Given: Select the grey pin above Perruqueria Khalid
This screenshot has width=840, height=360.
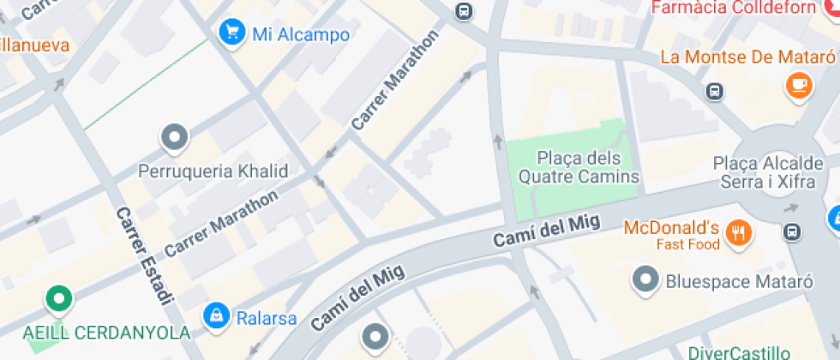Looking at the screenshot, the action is coord(175,137).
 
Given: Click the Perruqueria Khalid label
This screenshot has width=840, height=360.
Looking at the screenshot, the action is coord(213,171).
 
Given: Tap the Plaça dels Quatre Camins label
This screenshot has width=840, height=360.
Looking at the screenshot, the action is coord(578,167).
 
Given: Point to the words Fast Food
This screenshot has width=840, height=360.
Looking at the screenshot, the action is coord(688,244).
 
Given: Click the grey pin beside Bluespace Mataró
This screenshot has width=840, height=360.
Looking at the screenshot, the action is coord(644,279).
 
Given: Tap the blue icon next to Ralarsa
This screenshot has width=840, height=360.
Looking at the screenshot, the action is coord(216,315).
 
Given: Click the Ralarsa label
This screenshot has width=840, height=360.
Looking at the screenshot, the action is coord(267,319).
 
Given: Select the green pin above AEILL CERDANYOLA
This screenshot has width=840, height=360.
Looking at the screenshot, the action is coord(58,299).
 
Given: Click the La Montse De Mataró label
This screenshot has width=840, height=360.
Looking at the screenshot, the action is coord(747,57).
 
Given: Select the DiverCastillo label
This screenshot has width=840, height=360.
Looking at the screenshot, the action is coord(739,352).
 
